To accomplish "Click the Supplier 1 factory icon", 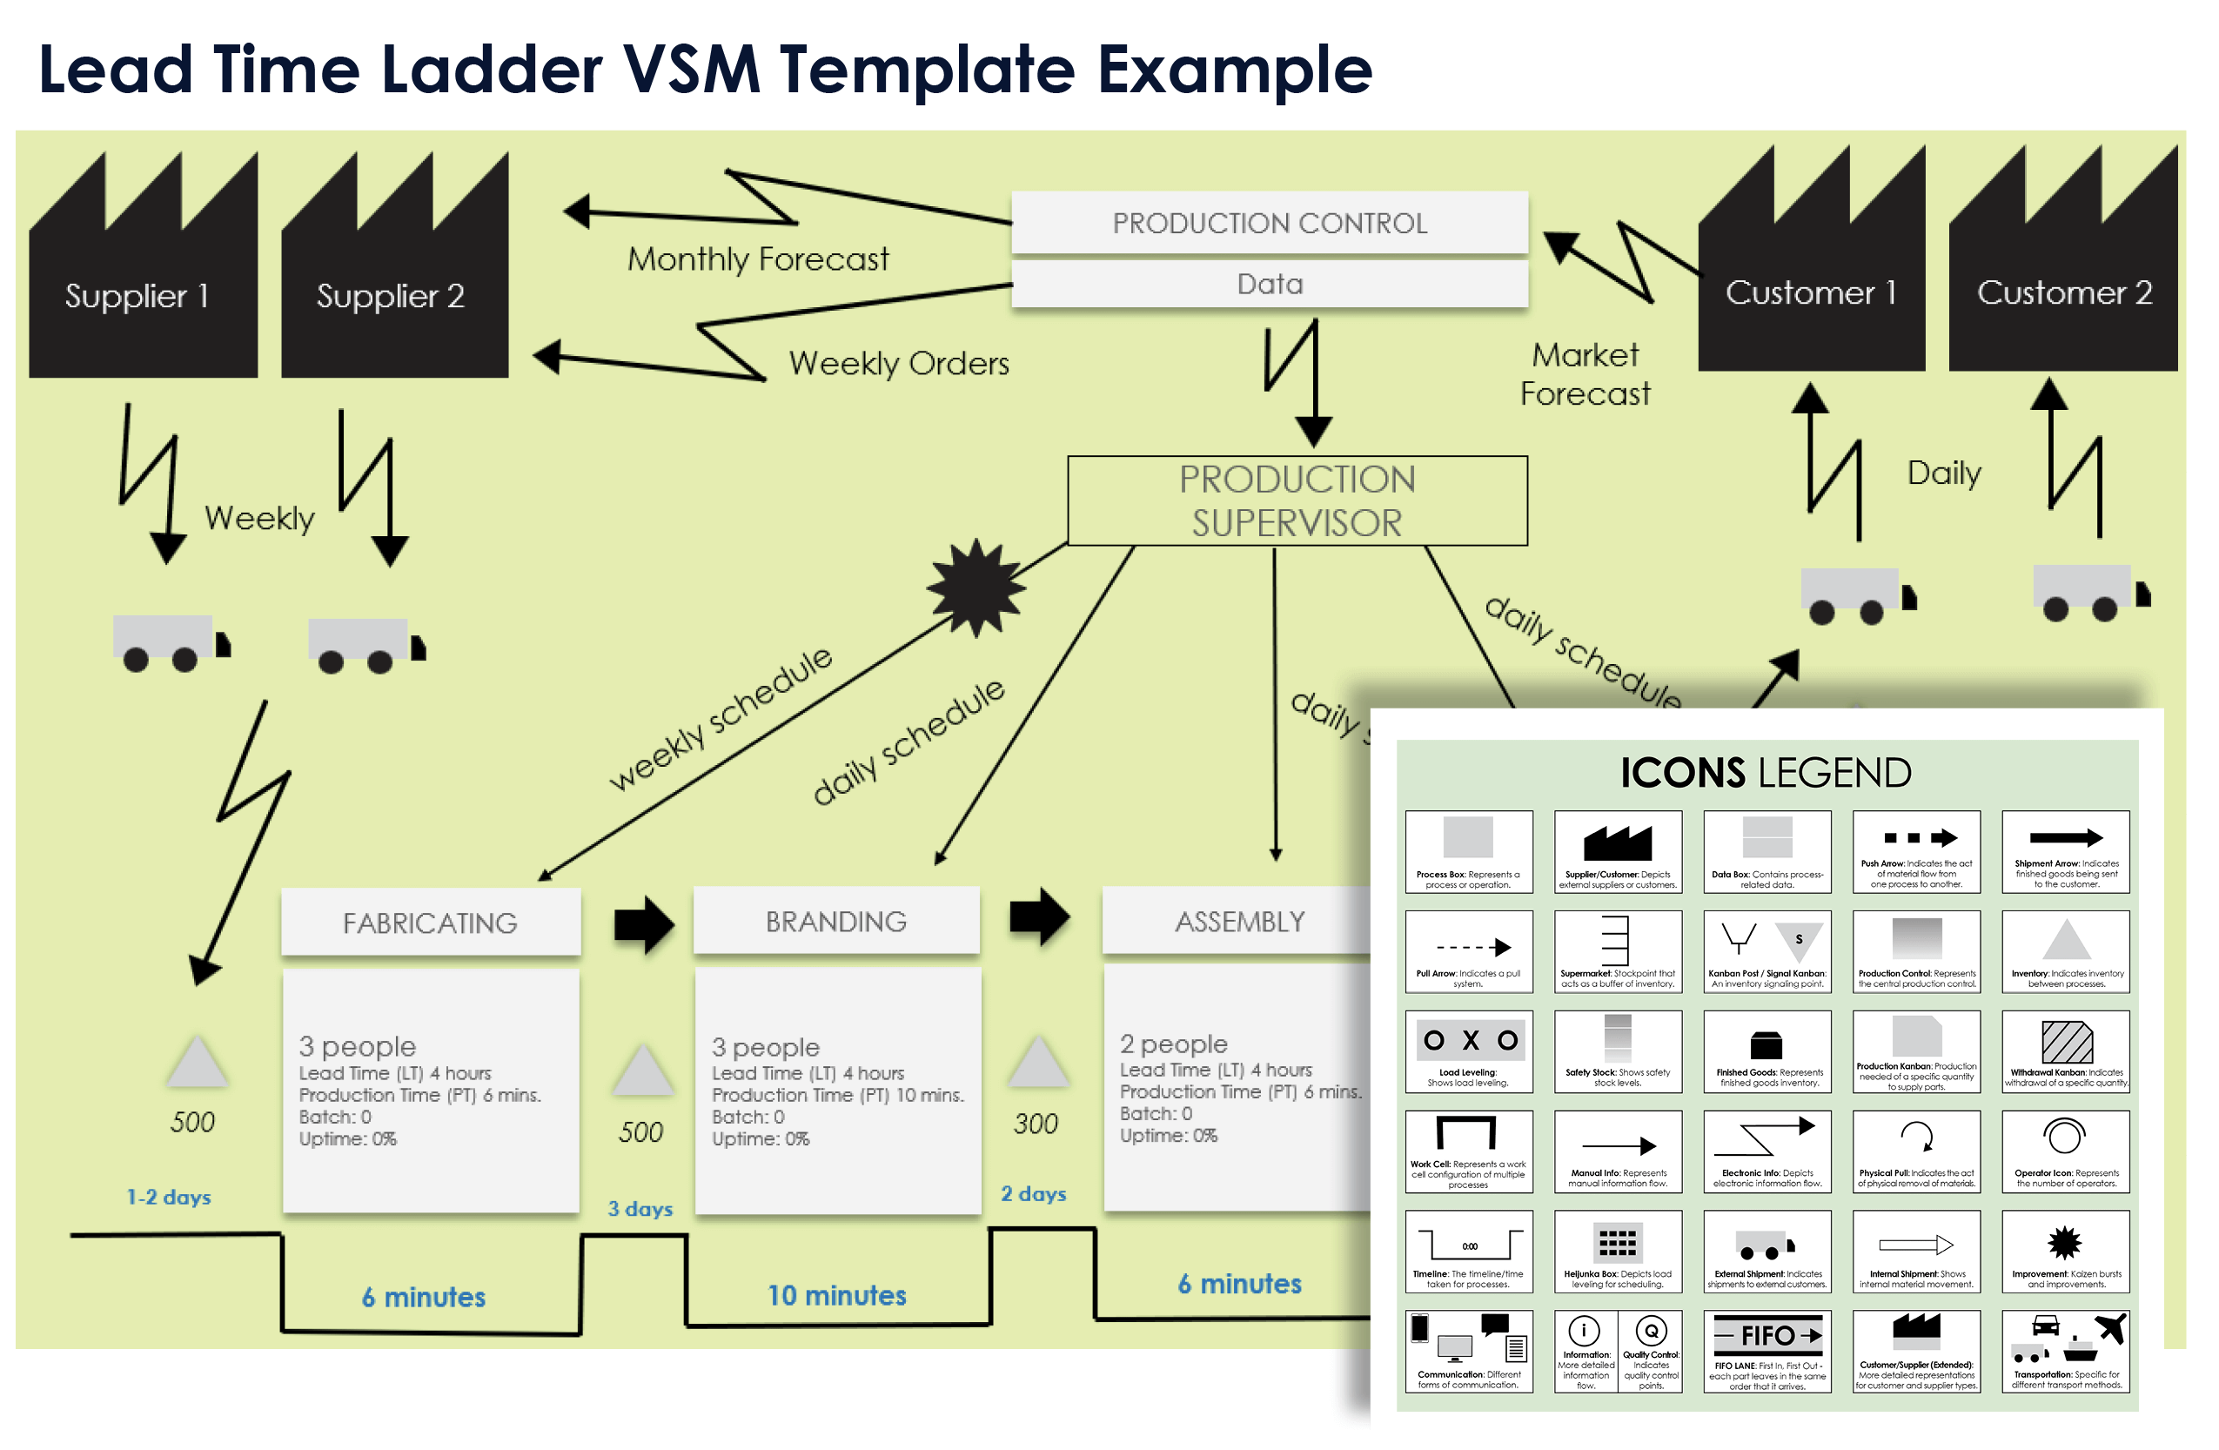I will (143, 279).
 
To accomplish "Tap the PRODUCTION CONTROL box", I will (1269, 223).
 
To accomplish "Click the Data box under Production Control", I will (1269, 284).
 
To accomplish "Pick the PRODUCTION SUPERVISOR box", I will (1297, 500).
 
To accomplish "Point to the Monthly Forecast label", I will (757, 258).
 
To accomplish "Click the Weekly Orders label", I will (898, 363).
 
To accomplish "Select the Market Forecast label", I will (1584, 374).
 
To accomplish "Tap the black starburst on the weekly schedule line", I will (976, 587).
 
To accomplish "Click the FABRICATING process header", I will (430, 923).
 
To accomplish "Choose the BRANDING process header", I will (835, 922).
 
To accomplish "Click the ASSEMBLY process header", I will (1239, 922).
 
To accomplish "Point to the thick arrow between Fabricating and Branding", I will (643, 923).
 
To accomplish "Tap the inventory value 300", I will (1035, 1124).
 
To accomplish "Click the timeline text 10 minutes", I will (836, 1295).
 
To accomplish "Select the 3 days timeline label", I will (640, 1209).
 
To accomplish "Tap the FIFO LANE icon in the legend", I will (1766, 1335).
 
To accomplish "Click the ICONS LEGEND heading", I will (1765, 773).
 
